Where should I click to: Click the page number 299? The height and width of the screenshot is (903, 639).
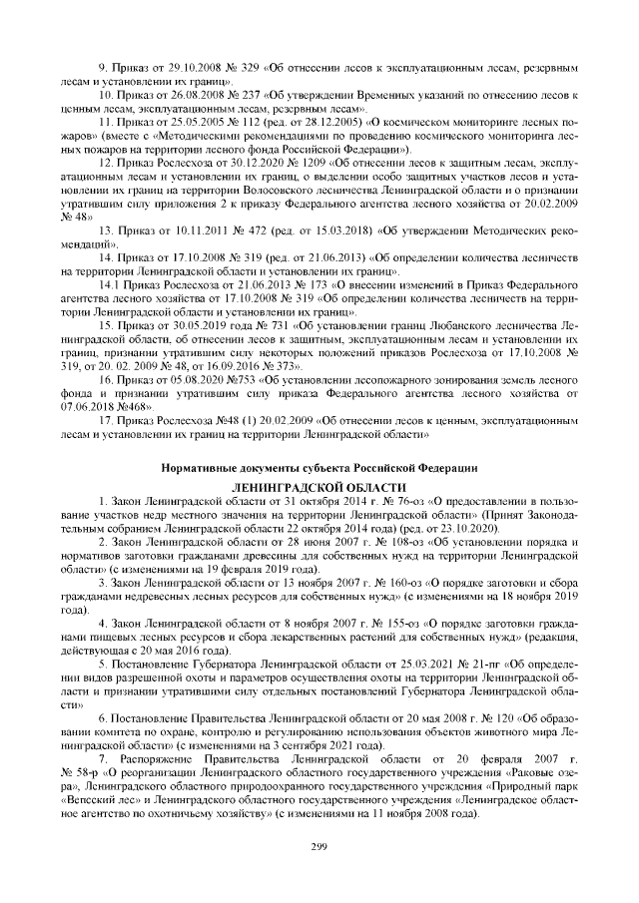[x=319, y=846]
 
